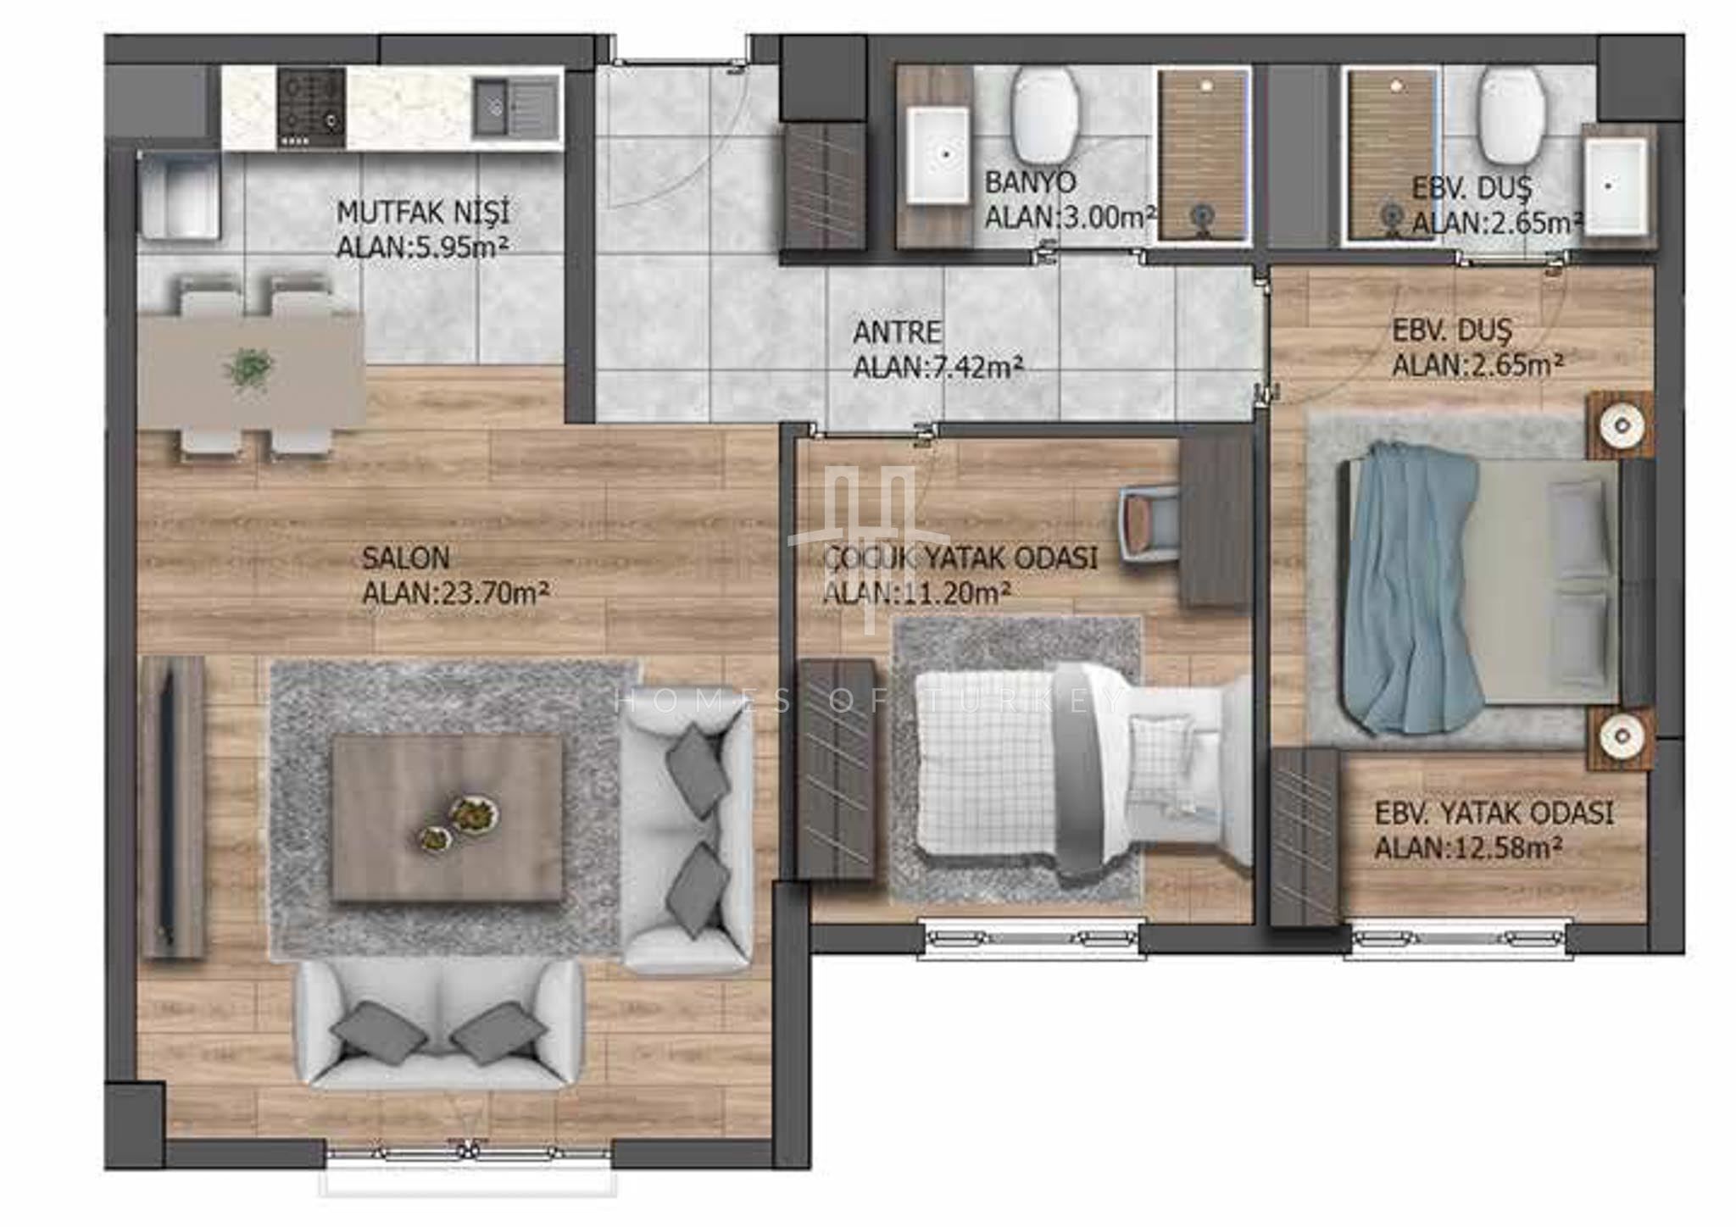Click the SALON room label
coord(405,558)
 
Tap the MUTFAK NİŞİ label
coord(423,212)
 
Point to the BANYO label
coord(1030,182)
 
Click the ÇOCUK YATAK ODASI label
coord(960,558)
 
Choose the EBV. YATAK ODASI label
coord(1494,813)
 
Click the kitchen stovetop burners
coord(311,108)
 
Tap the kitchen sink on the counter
coord(516,108)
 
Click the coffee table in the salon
coord(447,818)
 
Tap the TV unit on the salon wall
coord(173,808)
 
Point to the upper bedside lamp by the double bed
coord(1620,425)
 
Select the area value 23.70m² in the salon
coord(456,593)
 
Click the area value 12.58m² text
coord(1469,848)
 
